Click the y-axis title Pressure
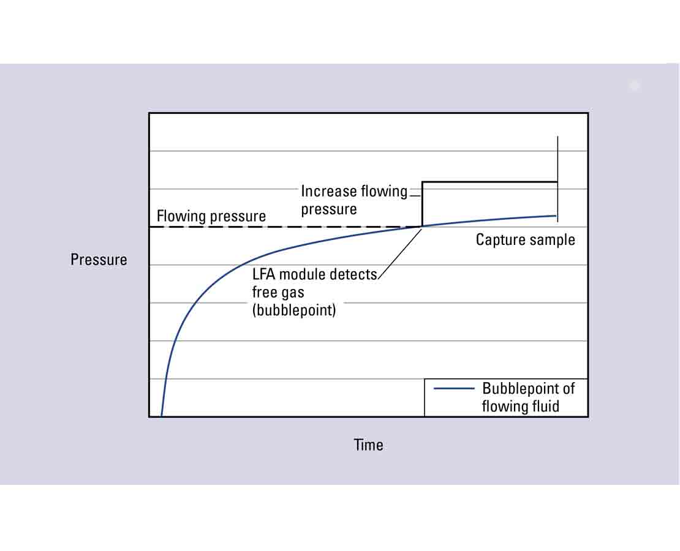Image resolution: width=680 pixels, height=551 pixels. pos(99,260)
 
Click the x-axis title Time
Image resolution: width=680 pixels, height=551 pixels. pos(368,445)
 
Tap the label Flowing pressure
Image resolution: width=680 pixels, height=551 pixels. pos(211,216)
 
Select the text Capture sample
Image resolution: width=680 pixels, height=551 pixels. pos(525,239)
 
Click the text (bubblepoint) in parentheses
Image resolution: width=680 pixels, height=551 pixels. pos(294,310)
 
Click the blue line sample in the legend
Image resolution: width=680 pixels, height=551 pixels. pos(453,389)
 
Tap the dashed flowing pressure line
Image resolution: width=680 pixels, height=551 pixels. pos(276,227)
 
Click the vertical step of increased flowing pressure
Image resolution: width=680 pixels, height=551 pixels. pos(422,204)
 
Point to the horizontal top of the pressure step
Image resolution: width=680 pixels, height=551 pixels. pos(490,182)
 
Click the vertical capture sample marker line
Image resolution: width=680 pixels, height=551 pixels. pos(557,159)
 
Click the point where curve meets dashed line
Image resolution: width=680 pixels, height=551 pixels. pos(422,227)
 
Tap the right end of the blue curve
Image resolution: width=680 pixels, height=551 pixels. pos(555,216)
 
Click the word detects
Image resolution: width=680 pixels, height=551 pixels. pos(353,274)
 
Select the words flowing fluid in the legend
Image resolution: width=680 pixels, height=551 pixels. pos(520,406)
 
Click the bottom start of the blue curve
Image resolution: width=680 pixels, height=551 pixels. pos(161,414)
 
